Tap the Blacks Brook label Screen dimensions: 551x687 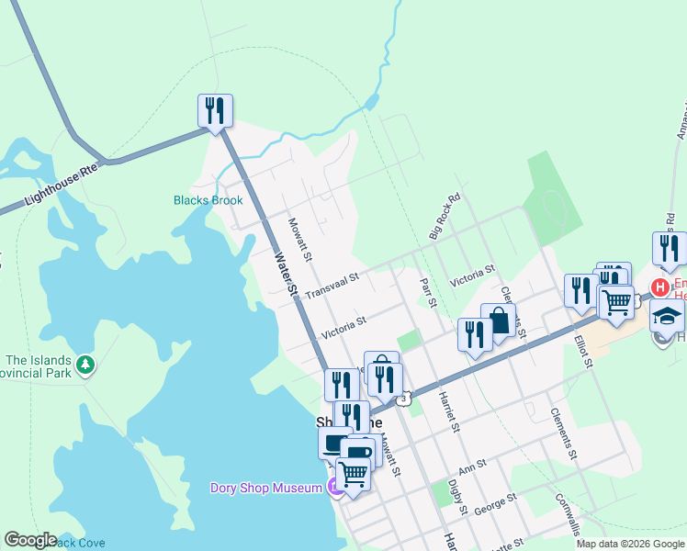(208, 200)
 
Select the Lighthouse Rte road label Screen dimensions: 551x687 (62, 184)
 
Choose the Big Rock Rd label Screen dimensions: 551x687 (445, 217)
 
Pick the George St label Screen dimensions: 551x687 (497, 500)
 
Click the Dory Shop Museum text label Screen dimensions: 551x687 (265, 488)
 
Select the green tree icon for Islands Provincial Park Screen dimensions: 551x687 (85, 365)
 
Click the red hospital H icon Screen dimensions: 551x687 (659, 287)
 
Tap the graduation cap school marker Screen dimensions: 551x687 (667, 317)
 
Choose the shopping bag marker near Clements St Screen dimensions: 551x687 (498, 322)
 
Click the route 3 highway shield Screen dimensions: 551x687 (403, 399)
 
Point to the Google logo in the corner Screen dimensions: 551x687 (30, 540)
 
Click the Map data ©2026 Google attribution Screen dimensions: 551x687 (629, 544)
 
